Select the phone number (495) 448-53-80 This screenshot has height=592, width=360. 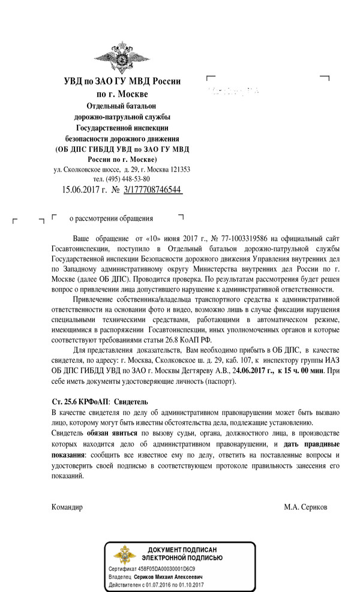click(122, 179)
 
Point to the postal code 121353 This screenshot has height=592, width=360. click(178, 170)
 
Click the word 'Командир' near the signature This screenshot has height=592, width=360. click(67, 507)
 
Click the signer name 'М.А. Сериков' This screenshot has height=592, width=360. click(306, 507)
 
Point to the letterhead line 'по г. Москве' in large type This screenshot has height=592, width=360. click(122, 94)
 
